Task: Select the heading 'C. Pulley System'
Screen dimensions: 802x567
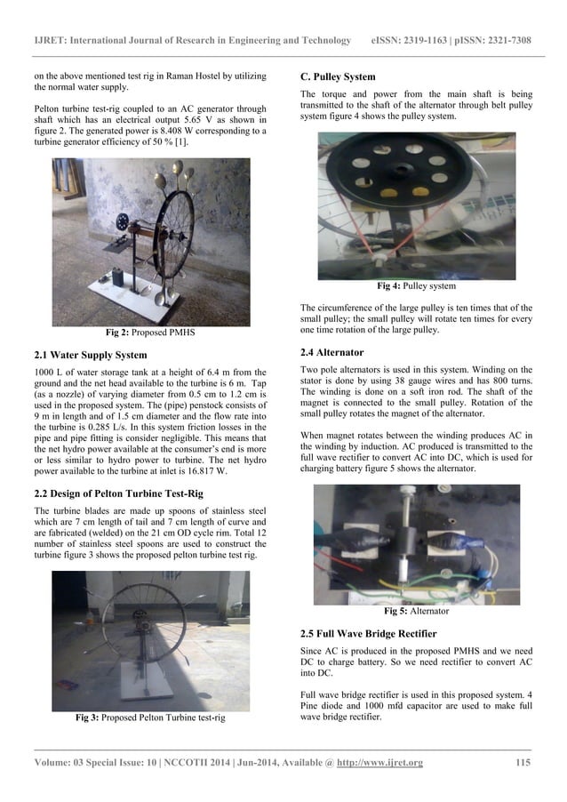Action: click(338, 76)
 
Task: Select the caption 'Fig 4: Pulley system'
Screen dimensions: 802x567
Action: click(416, 286)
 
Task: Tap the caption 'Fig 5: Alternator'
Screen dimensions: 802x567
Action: click(416, 612)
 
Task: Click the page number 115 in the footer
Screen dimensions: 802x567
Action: click(523, 764)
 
